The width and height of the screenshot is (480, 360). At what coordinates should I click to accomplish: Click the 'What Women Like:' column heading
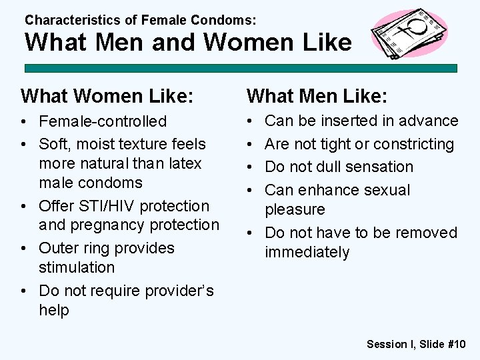tap(107, 97)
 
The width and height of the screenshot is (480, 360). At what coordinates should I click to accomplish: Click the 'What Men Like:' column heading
tap(317, 97)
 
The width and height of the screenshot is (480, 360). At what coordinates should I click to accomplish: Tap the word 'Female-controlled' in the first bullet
tap(103, 121)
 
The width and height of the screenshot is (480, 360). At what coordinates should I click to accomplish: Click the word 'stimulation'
tap(77, 267)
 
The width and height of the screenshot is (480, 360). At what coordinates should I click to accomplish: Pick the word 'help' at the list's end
tap(54, 310)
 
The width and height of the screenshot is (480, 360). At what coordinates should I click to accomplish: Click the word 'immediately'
tap(307, 253)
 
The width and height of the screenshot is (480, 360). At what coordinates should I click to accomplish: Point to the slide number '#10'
tap(456, 344)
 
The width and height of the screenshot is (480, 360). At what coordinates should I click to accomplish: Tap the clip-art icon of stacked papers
tap(409, 33)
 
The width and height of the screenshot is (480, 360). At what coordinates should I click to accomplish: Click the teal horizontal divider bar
tap(240, 68)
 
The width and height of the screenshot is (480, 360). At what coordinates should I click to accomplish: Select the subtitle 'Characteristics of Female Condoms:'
tap(140, 21)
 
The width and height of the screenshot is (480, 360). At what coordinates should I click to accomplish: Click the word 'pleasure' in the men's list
tap(295, 209)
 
